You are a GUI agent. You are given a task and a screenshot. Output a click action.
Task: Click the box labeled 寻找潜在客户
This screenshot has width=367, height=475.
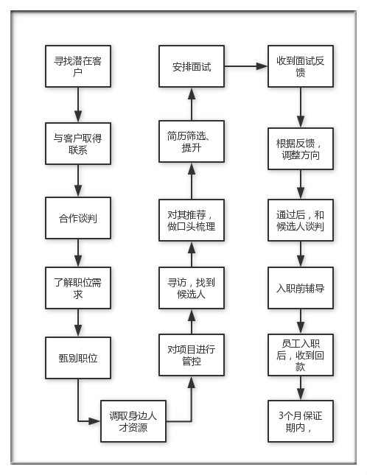78,66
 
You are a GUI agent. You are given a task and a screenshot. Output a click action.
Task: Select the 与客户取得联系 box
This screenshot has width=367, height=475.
78,144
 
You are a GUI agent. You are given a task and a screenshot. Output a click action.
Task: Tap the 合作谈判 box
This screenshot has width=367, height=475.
78,218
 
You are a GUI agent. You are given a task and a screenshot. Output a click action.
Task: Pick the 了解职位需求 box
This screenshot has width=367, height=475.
78,288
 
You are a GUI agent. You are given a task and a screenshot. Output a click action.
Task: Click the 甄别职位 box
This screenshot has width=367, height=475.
78,358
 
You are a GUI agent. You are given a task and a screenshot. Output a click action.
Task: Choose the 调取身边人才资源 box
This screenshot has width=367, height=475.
133,421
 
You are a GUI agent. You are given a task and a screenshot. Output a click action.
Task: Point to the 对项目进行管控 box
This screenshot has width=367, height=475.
192,355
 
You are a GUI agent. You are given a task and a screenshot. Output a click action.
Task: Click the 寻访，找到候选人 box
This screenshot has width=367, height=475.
192,288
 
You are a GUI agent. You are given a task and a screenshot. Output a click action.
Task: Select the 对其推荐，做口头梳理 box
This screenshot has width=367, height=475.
192,220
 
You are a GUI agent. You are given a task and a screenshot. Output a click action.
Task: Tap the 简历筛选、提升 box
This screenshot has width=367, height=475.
192,141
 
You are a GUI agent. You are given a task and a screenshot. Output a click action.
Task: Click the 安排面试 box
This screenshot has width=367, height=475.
192,66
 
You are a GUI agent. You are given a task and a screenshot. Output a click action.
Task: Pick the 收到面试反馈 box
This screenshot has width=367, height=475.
301,66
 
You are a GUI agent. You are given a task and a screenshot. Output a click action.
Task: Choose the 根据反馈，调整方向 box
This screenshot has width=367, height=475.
301,149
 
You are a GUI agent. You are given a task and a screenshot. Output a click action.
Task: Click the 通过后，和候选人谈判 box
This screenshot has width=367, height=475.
301,220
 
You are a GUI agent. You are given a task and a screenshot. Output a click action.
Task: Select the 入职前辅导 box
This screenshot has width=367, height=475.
301,288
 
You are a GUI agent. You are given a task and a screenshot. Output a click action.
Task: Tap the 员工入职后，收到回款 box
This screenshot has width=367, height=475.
301,355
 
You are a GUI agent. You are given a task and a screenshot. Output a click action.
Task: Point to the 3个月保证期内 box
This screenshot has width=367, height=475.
301,421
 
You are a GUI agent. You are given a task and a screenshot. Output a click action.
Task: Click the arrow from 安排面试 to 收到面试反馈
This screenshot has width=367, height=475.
246,66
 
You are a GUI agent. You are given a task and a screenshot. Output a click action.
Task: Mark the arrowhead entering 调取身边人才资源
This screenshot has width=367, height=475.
94,421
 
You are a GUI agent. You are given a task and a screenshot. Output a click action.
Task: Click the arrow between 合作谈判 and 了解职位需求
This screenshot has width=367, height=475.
78,253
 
